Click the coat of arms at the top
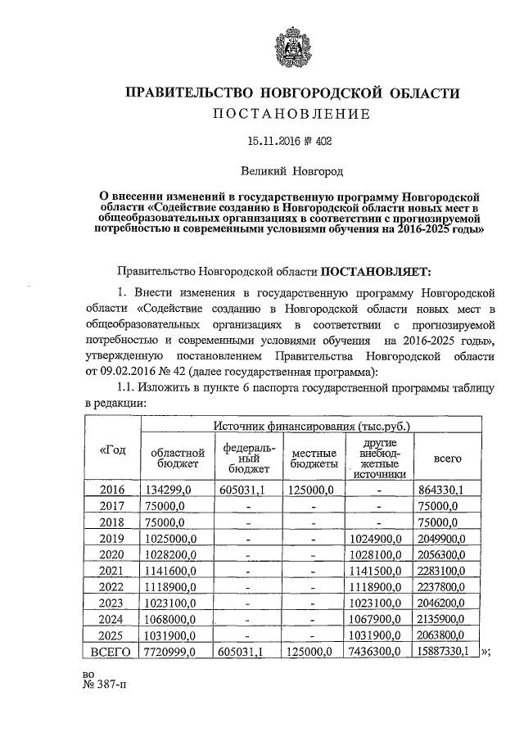[291, 48]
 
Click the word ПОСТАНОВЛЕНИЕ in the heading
[291, 113]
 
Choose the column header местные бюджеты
[314, 459]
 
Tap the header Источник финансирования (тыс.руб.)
[313, 426]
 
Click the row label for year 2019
[112, 538]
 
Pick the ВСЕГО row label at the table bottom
[112, 652]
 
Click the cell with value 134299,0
[168, 489]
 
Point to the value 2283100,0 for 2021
[441, 571]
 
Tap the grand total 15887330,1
[445, 652]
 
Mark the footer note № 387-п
[106, 687]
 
